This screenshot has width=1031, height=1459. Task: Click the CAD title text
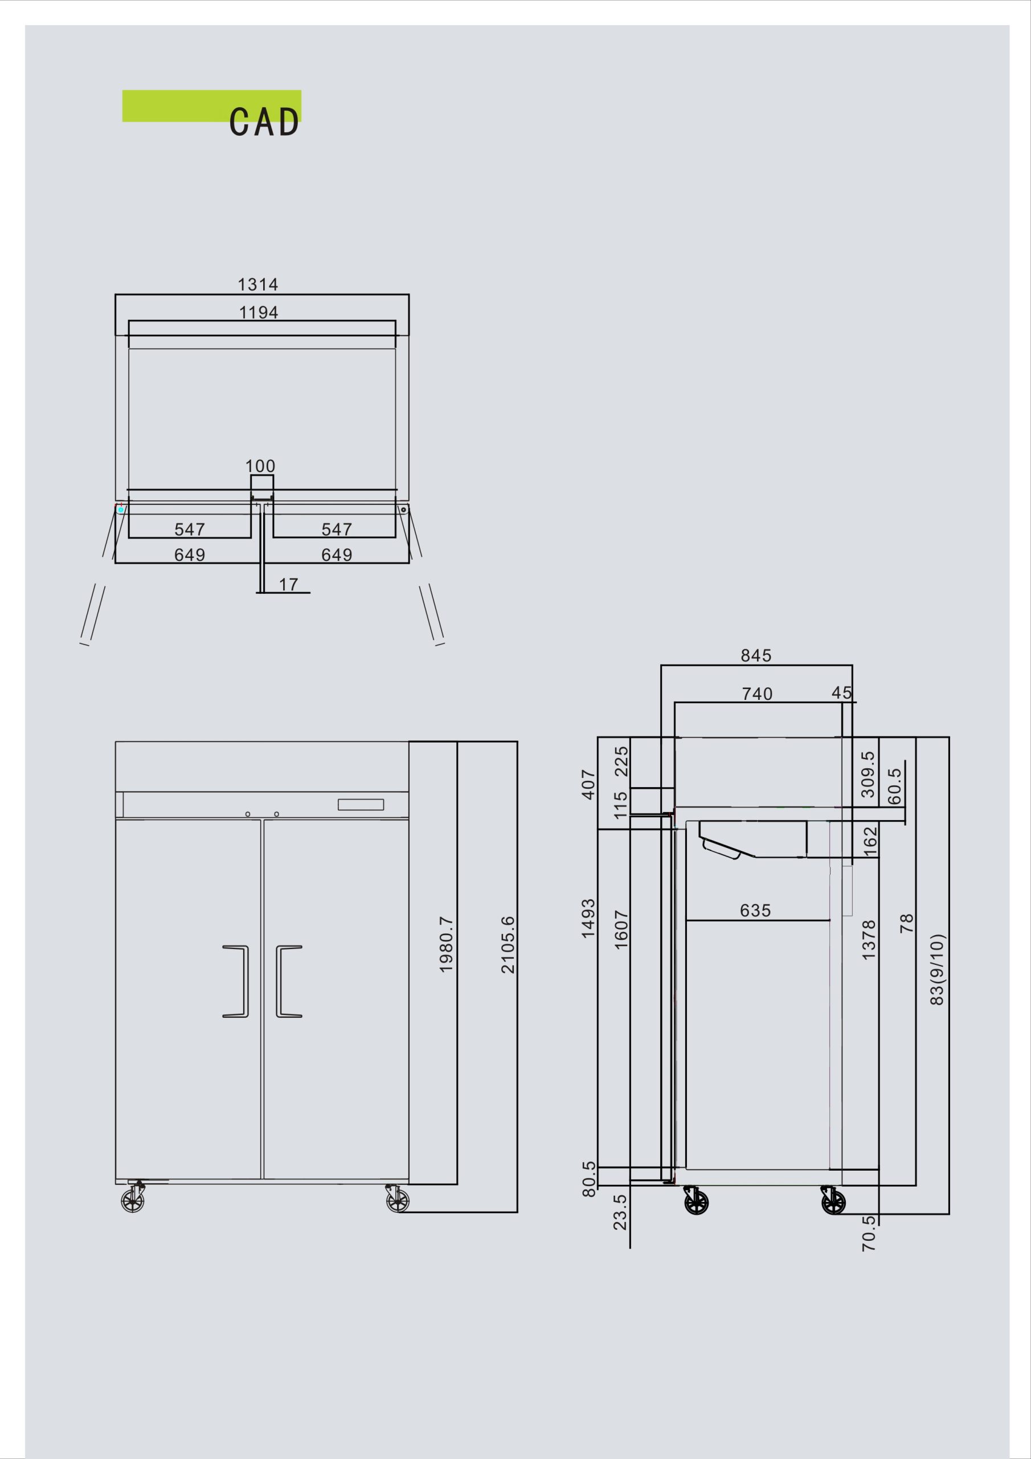(264, 122)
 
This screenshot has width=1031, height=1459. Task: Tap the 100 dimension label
(260, 466)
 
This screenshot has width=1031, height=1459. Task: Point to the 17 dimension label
(288, 584)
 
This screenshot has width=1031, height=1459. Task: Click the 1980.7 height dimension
(446, 944)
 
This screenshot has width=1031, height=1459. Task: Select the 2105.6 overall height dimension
(508, 945)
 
